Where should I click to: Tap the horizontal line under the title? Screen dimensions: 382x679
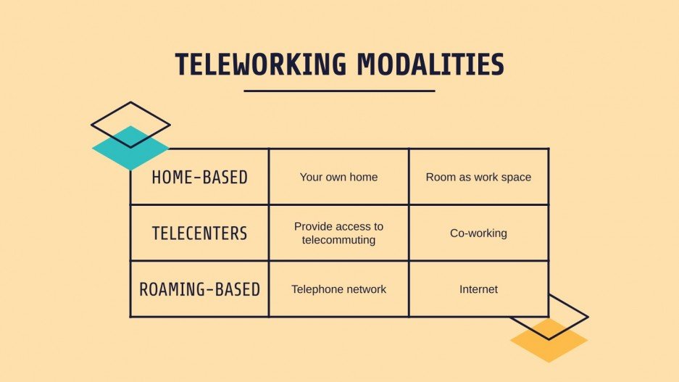(339, 91)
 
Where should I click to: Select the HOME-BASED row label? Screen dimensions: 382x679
(199, 177)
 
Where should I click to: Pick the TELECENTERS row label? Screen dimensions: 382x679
(199, 233)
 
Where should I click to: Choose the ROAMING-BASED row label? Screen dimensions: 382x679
(199, 289)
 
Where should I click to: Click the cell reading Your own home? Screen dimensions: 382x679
(338, 177)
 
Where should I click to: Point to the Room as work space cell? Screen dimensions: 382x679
(478, 177)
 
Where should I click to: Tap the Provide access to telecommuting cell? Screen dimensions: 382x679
(338, 233)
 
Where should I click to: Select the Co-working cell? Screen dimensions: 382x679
(478, 233)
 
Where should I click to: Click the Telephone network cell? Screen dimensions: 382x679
(338, 289)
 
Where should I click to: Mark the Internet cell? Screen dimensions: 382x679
(478, 289)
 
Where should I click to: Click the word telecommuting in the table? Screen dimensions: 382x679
(338, 240)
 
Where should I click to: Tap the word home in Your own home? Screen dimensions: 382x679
(363, 177)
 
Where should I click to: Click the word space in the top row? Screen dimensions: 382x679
(516, 177)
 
